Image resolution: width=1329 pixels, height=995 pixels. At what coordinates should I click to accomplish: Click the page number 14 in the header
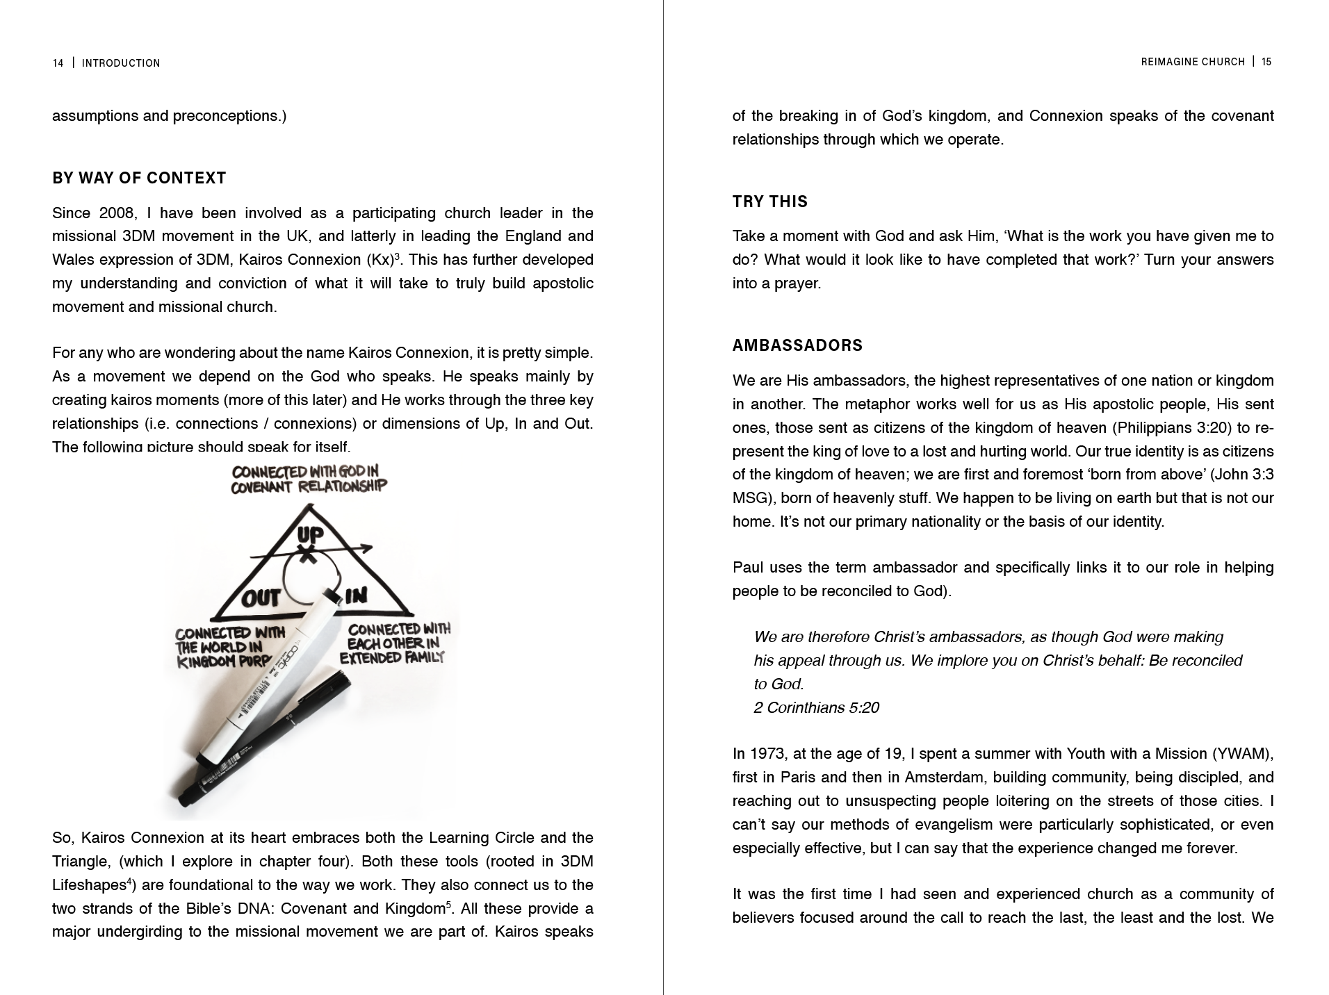click(x=58, y=63)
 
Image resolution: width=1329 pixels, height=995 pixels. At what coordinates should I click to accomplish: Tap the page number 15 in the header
click(x=1266, y=62)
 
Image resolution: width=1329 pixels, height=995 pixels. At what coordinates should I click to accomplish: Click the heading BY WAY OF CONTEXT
click(x=139, y=179)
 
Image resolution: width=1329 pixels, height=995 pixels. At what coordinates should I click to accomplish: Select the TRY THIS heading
click(x=770, y=202)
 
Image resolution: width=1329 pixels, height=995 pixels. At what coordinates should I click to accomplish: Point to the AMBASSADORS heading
click(x=797, y=346)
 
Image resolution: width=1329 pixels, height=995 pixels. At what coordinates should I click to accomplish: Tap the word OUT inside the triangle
click(x=261, y=598)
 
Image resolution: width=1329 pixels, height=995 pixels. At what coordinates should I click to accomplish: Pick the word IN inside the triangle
click(x=356, y=595)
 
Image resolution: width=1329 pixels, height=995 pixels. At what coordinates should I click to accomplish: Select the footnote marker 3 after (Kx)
click(x=397, y=256)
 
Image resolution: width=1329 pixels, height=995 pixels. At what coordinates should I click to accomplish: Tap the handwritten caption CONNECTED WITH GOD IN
click(x=305, y=472)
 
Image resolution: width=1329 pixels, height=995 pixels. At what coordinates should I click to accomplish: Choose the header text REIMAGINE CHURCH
click(x=1193, y=62)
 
